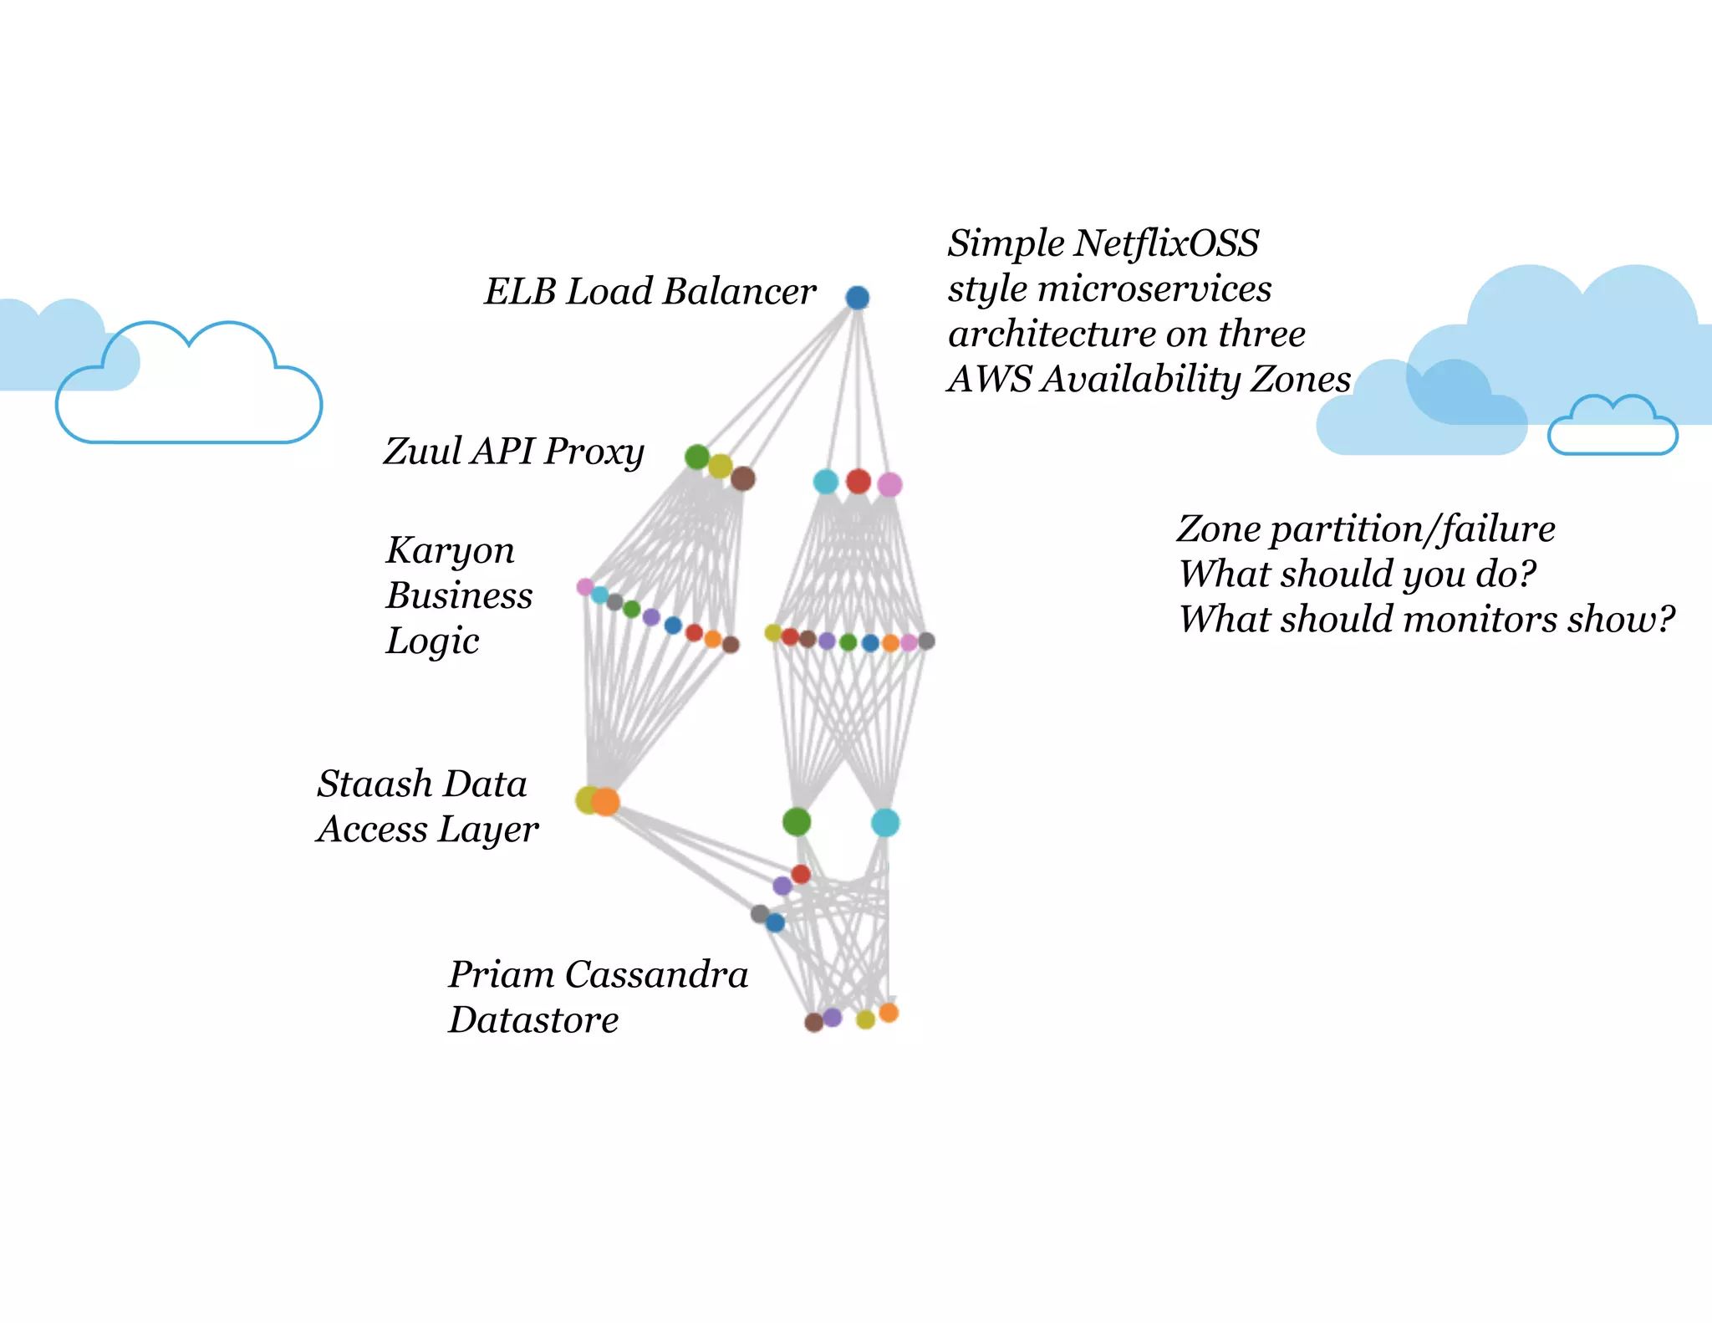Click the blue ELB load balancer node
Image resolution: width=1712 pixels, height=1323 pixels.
pos(857,297)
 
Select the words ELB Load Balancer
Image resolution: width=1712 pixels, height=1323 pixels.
pos(650,292)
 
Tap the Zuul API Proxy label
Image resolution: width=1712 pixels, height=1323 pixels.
pos(513,452)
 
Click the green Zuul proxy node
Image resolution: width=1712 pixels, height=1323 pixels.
pos(697,457)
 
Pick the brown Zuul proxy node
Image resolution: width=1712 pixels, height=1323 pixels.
pos(742,478)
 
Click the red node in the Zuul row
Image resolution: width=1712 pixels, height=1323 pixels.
pos(859,481)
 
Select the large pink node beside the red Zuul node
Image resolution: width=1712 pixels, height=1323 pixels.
pos(889,484)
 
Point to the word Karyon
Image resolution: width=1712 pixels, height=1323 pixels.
pos(450,550)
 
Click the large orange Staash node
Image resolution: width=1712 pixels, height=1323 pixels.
pos(605,801)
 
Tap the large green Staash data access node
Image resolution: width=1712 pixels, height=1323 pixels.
pos(797,821)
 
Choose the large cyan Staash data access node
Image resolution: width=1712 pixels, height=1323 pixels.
pos(885,822)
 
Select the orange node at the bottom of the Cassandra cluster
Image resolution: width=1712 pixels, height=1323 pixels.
pos(889,1013)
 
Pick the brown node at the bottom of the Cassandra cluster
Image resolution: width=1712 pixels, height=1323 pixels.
pos(813,1022)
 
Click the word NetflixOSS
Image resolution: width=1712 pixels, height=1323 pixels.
pos(1166,243)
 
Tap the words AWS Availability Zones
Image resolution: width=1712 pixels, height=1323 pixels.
pos(1149,379)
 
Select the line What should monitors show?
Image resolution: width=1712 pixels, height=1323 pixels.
pos(1426,620)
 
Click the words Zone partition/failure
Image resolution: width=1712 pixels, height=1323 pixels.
pos(1366,529)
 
